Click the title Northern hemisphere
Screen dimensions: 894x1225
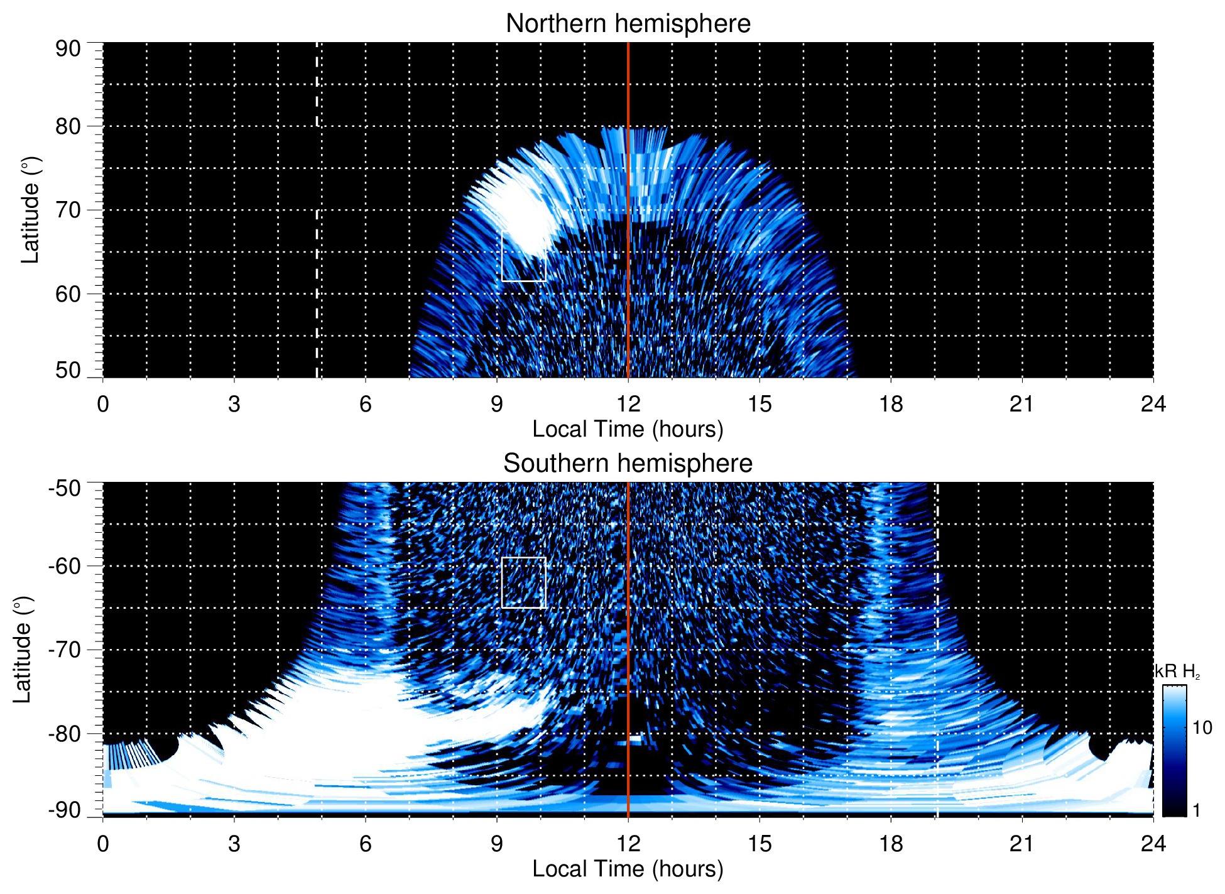pyautogui.click(x=628, y=24)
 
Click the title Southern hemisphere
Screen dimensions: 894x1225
pyautogui.click(x=628, y=464)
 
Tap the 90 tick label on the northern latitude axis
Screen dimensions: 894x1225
pyautogui.click(x=68, y=49)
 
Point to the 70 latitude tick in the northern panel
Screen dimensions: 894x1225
pyautogui.click(x=68, y=210)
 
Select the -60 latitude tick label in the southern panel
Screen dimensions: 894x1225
pyautogui.click(x=65, y=566)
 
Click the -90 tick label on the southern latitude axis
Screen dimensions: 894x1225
pyautogui.click(x=65, y=810)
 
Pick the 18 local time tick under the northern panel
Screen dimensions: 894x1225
pyautogui.click(x=891, y=404)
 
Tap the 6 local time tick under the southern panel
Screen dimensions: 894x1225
pyautogui.click(x=366, y=844)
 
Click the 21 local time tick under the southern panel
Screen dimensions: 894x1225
pyautogui.click(x=1022, y=844)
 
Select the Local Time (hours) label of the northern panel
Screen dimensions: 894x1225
pyautogui.click(x=628, y=429)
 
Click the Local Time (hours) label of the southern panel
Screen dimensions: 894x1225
pyautogui.click(x=628, y=869)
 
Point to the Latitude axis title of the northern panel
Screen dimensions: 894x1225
pyautogui.click(x=30, y=210)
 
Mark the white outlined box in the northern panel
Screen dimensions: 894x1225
pyautogui.click(x=524, y=256)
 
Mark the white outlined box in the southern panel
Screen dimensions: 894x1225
pyautogui.click(x=524, y=582)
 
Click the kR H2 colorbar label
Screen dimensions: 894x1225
pyautogui.click(x=1177, y=672)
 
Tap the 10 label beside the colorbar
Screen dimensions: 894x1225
pyautogui.click(x=1202, y=728)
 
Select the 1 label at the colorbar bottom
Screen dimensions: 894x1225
pyautogui.click(x=1196, y=810)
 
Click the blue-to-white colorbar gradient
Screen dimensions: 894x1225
pyautogui.click(x=1174, y=751)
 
